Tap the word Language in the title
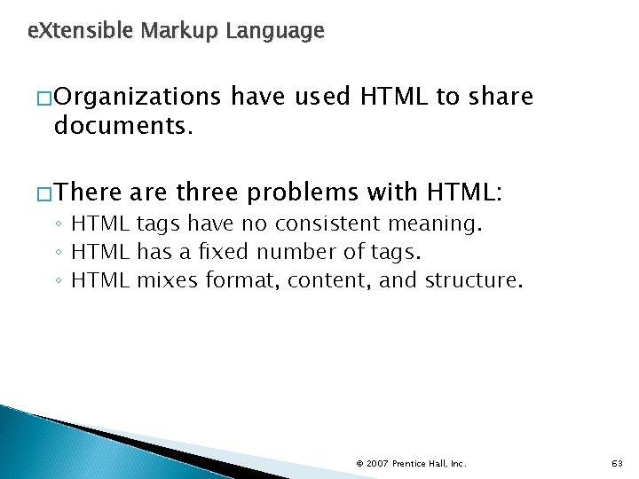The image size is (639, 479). click(275, 32)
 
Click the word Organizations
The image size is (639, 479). click(137, 97)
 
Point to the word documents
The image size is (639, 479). click(122, 126)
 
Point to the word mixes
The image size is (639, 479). click(169, 281)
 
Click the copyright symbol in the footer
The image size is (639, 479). click(359, 463)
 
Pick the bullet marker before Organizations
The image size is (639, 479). click(44, 98)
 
